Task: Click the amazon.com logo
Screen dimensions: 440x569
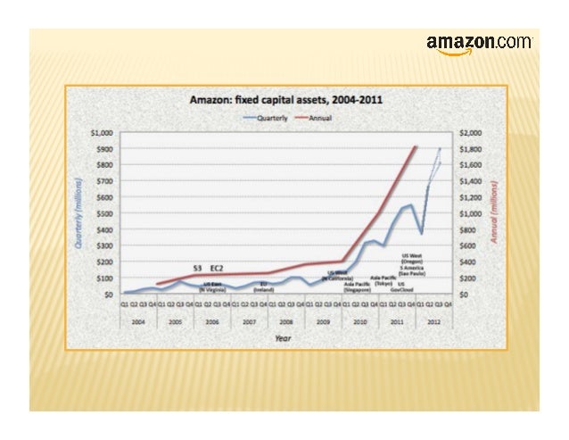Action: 480,44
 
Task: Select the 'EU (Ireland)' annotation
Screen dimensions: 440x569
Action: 264,287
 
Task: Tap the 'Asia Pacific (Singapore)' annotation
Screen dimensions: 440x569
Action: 357,287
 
